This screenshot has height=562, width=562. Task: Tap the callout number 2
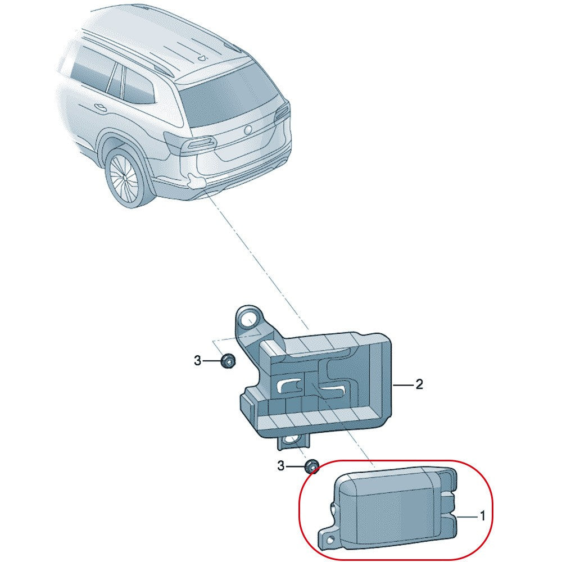point(419,385)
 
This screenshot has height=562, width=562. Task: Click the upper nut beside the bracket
point(228,361)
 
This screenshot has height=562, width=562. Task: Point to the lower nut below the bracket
point(311,466)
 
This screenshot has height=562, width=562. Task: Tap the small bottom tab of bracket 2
point(293,442)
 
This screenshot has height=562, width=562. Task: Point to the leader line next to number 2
point(403,385)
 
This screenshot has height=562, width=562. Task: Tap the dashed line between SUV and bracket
point(259,259)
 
